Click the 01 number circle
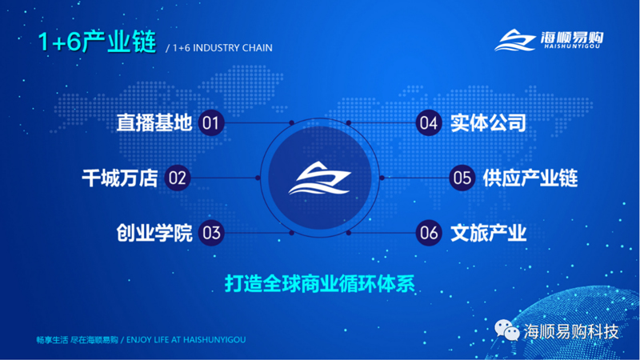pos(211,123)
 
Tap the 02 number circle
pos(178,178)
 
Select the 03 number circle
pos(211,233)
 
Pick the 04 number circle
pos(429,123)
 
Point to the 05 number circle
pos(462,178)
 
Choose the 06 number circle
pos(429,233)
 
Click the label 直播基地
pos(154,123)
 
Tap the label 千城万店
pos(120,178)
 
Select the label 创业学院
pos(154,233)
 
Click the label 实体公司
pos(489,123)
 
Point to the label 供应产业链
pos(530,178)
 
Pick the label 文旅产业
pos(489,233)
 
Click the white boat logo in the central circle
pos(320,178)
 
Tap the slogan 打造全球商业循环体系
pos(320,284)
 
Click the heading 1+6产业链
pos(97,42)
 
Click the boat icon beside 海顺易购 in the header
pos(515,40)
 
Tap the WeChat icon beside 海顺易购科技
pos(507,330)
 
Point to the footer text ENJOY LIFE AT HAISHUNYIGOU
pos(186,339)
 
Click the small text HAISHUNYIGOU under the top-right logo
pos(572,46)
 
